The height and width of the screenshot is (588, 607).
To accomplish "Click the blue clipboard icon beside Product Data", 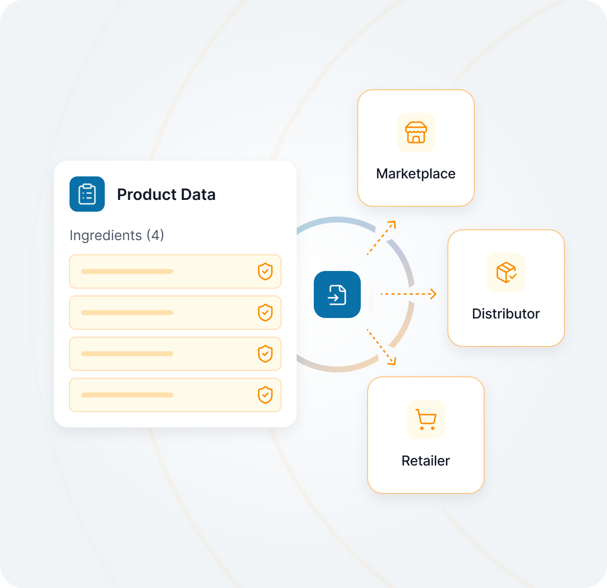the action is [x=87, y=194].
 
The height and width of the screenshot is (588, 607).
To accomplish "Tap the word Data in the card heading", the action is [x=198, y=195].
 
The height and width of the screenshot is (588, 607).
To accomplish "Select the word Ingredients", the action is [x=106, y=235].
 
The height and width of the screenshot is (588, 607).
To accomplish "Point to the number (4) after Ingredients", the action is [x=155, y=235].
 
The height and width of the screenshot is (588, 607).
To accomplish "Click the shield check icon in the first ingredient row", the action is [x=265, y=271].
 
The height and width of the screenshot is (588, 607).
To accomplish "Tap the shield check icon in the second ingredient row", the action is [x=265, y=313].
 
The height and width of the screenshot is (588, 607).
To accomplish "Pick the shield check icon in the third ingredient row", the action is [x=265, y=354].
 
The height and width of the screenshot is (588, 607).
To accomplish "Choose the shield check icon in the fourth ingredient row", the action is [x=265, y=395].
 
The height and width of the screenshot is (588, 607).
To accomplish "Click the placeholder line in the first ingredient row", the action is [x=127, y=271].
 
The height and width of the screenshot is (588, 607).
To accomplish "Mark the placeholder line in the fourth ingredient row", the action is [x=127, y=395].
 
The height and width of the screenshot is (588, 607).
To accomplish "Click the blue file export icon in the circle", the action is [x=337, y=294].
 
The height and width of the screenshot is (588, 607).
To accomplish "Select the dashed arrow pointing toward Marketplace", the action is [x=381, y=238].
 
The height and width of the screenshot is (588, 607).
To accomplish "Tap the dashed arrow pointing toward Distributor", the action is [x=408, y=294].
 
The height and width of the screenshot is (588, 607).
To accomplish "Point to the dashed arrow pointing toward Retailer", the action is [x=381, y=347].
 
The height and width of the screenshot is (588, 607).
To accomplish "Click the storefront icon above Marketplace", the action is [x=416, y=132].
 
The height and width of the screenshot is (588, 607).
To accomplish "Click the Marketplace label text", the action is [x=416, y=173].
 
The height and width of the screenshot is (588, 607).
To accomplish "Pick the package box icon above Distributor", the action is [x=506, y=272].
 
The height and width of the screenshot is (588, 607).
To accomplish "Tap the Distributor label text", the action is [x=506, y=314].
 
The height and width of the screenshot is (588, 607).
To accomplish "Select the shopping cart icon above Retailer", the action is [x=426, y=419].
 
